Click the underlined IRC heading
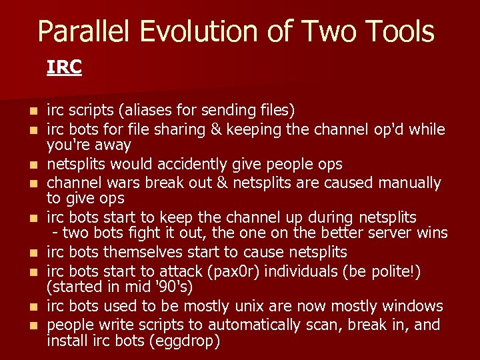[x=64, y=67]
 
